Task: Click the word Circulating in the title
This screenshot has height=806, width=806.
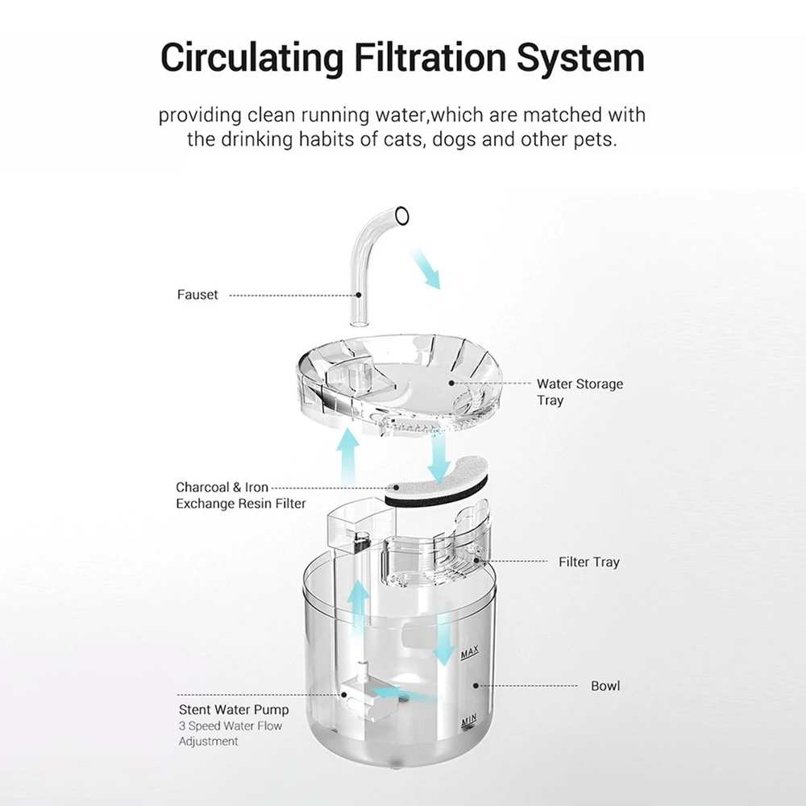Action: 251,57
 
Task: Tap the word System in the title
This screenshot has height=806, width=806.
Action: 580,57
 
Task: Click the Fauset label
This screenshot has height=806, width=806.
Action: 197,294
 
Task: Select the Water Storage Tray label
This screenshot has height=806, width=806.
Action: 580,392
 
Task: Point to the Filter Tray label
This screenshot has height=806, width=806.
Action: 589,562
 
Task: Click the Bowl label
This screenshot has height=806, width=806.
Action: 605,686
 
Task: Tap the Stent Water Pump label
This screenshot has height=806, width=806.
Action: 234,710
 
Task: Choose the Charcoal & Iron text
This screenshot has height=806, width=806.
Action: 222,487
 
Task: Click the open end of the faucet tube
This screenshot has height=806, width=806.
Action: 402,215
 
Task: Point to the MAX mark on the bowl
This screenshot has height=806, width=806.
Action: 470,652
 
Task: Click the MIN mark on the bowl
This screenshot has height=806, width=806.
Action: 469,721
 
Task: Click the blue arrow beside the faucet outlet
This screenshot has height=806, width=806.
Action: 426,268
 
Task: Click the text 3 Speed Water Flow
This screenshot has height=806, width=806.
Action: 231,726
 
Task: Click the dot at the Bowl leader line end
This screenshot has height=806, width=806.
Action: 476,686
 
